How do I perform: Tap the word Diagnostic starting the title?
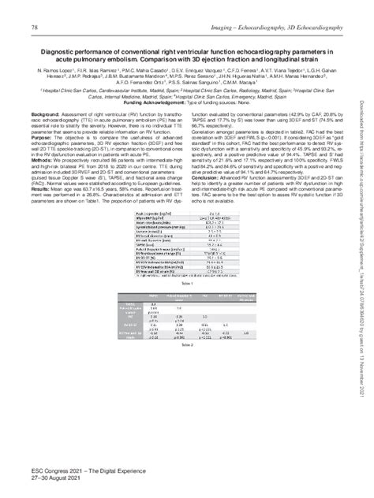pos(49,52)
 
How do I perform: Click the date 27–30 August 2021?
pos(62,478)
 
